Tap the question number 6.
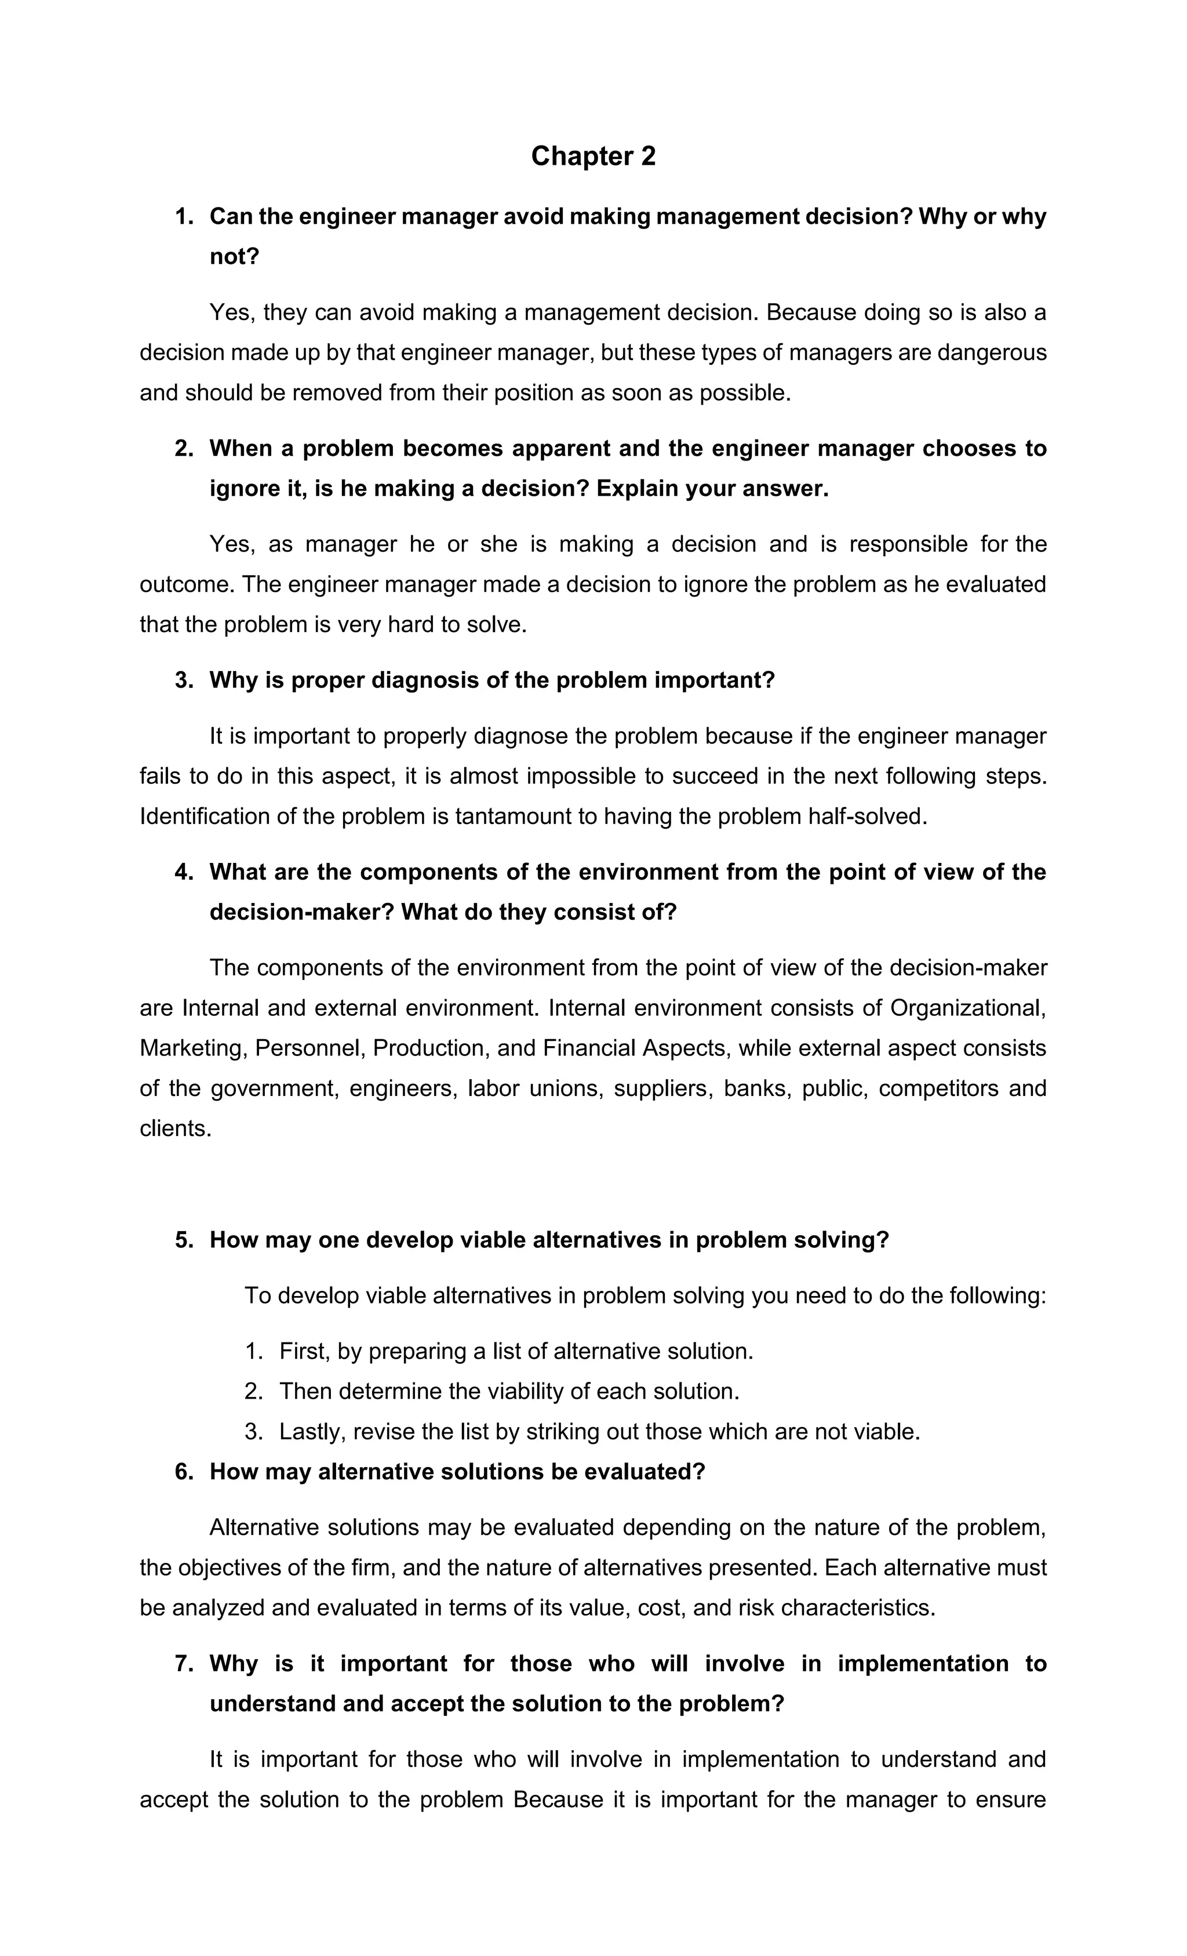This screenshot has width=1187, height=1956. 183,1472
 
